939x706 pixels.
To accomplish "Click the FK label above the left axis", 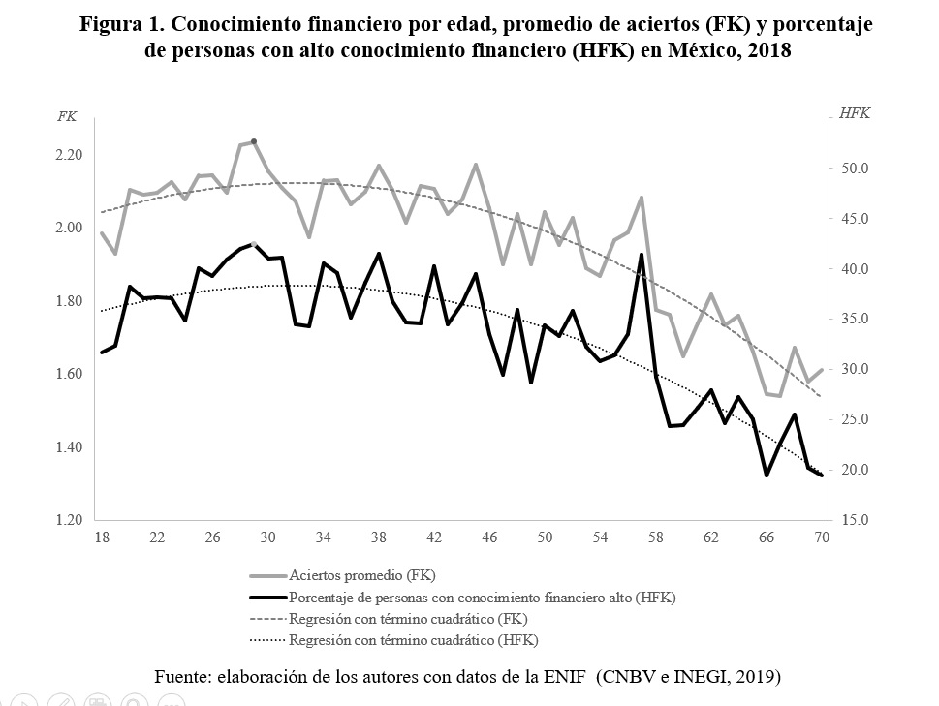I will pos(67,116).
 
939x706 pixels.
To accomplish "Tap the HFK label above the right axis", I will pos(854,113).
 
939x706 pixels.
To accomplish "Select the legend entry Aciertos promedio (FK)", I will pos(362,576).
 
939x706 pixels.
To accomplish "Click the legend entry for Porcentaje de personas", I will pos(482,598).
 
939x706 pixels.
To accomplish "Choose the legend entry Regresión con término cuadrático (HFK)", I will pos(414,640).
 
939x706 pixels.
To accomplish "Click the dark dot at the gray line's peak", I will pos(254,141).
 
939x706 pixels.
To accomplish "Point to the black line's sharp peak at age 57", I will pos(642,255).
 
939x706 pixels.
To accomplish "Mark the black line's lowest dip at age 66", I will pos(767,475).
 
